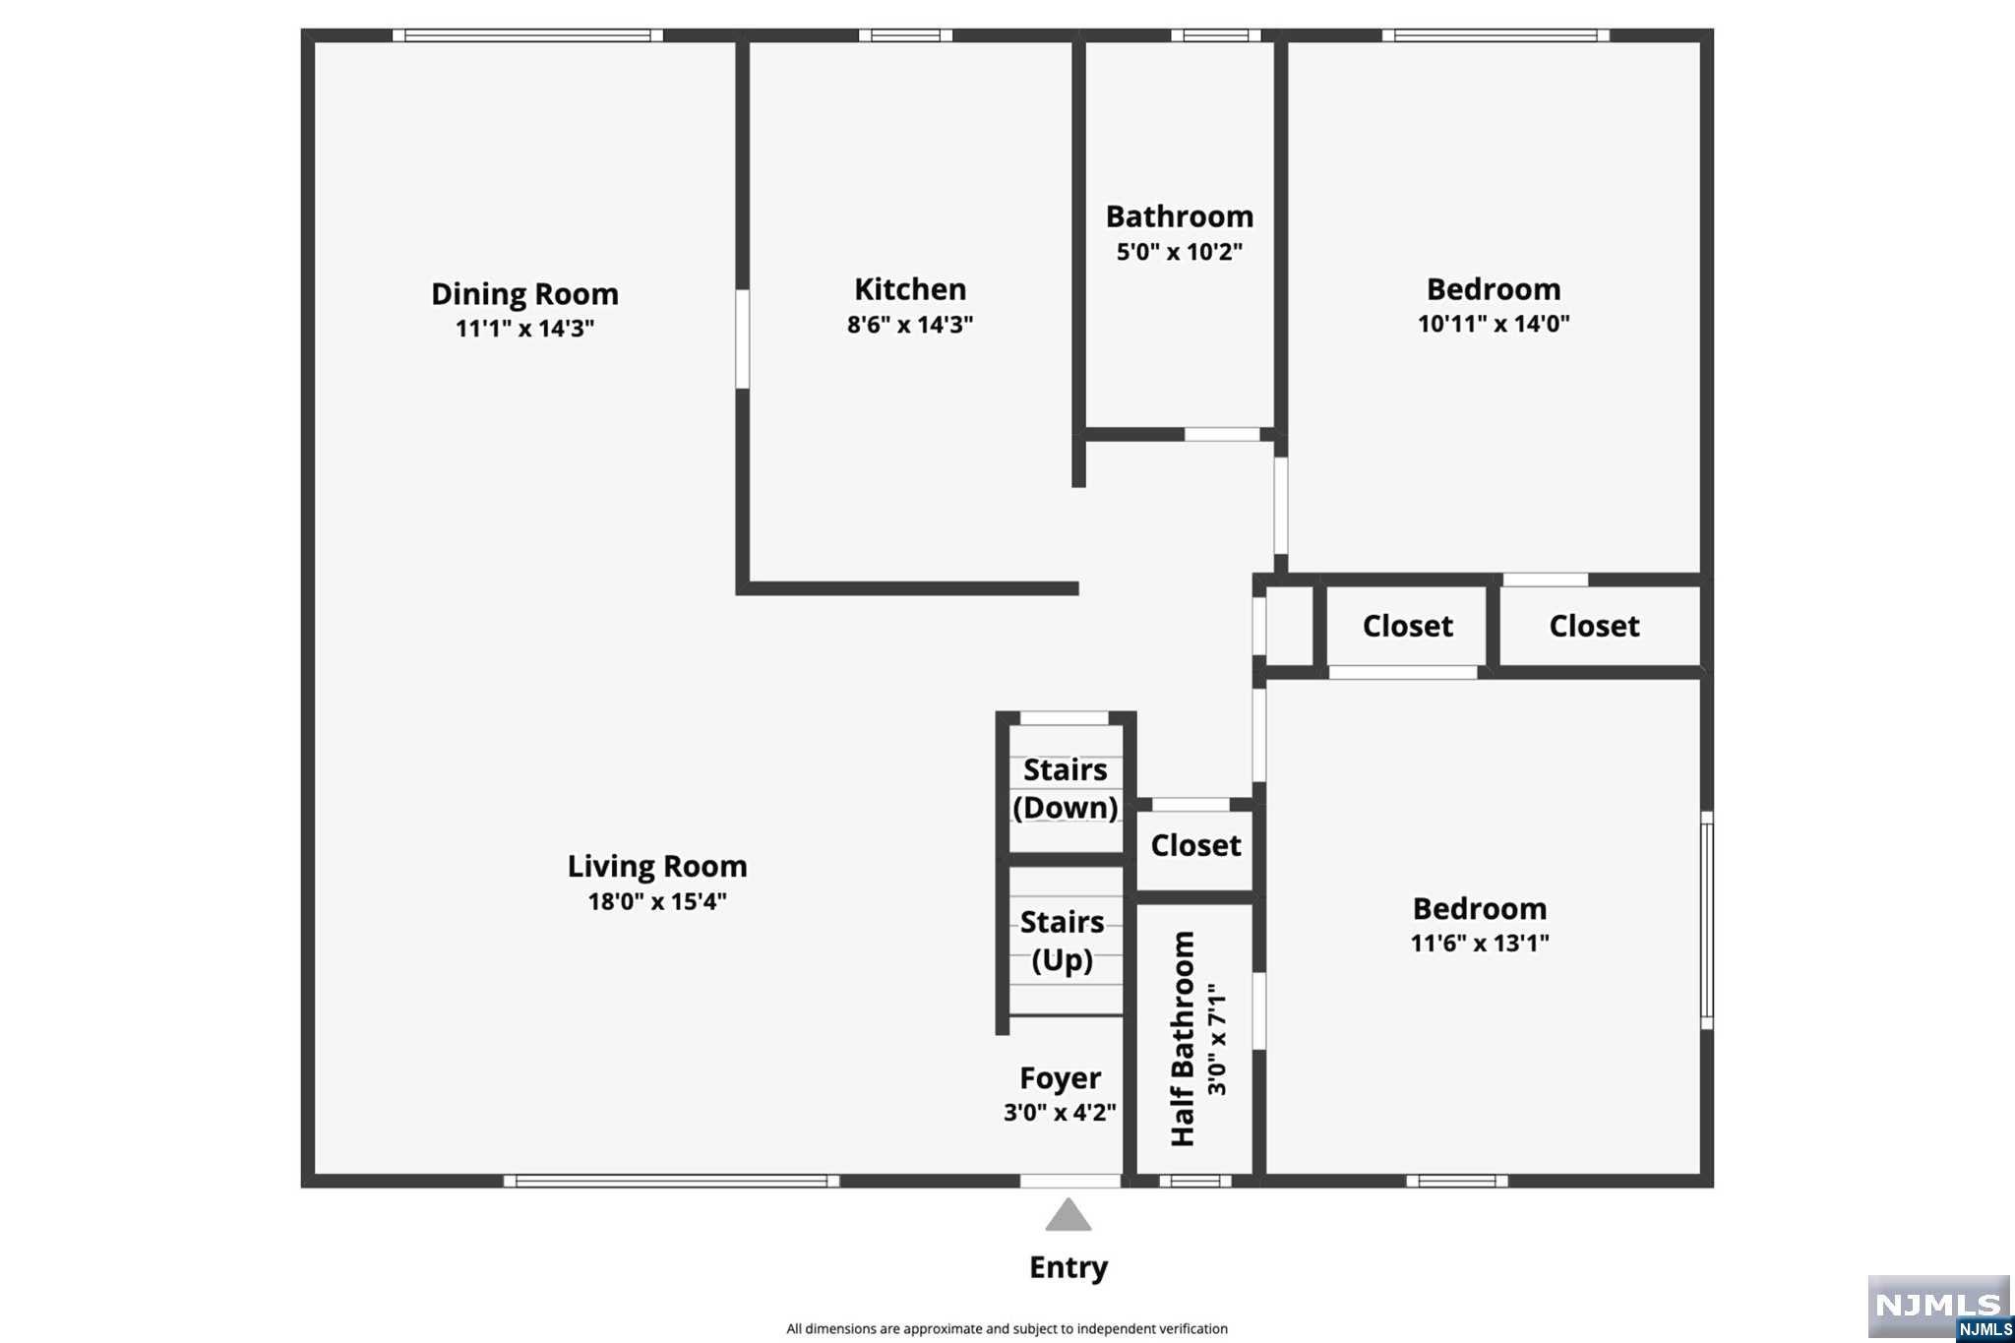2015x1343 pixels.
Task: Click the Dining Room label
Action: pos(524,294)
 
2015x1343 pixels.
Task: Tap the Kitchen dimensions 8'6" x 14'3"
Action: pos(910,325)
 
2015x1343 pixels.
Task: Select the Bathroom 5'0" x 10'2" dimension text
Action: pos(1179,252)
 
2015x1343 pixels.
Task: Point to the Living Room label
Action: pos(657,867)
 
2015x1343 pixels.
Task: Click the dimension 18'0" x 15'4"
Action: pos(657,901)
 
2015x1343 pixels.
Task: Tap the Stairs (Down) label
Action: pos(1066,788)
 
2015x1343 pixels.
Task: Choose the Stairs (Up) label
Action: pos(1062,941)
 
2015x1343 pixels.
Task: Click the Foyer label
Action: pos(1060,1079)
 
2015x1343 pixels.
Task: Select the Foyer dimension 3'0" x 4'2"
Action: pos(1060,1113)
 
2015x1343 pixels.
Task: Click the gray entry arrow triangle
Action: pos(1069,1215)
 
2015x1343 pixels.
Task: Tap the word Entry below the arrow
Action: pos(1069,1267)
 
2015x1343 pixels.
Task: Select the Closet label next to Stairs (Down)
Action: pos(1195,846)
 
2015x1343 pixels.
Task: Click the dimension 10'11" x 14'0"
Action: pos(1494,324)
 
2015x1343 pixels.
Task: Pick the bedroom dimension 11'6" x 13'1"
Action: pos(1480,944)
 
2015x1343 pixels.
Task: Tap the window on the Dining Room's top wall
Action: pos(528,35)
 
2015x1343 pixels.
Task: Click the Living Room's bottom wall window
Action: pos(672,1181)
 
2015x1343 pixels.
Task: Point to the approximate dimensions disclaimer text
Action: pos(1007,1329)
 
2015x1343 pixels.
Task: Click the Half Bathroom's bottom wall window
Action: pos(1195,1181)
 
